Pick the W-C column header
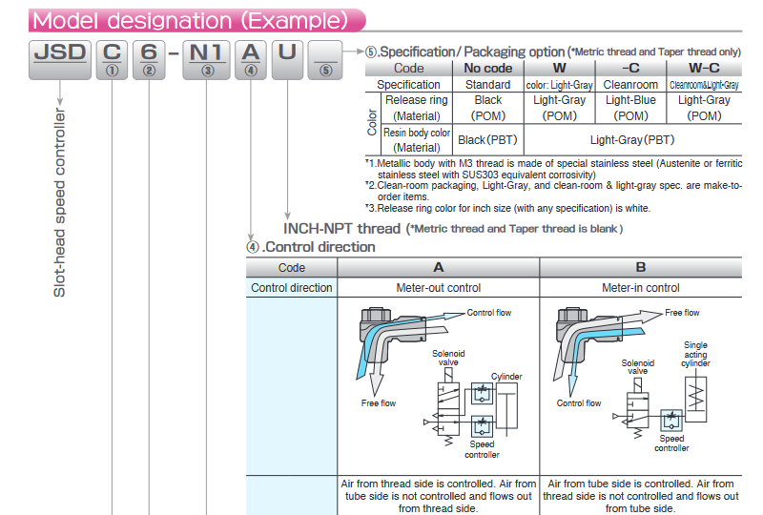(x=704, y=68)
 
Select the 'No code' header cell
(x=487, y=68)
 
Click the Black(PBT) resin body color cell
(x=487, y=139)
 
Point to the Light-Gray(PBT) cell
(x=631, y=139)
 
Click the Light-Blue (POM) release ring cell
(x=630, y=107)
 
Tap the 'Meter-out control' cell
(x=438, y=288)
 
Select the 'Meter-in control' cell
(x=640, y=288)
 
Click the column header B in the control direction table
(x=640, y=268)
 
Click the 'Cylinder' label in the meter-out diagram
(x=506, y=377)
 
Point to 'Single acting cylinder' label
(x=695, y=354)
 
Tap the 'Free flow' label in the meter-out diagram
(x=379, y=403)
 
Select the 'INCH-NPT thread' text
(x=342, y=228)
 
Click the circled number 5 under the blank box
(x=326, y=70)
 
